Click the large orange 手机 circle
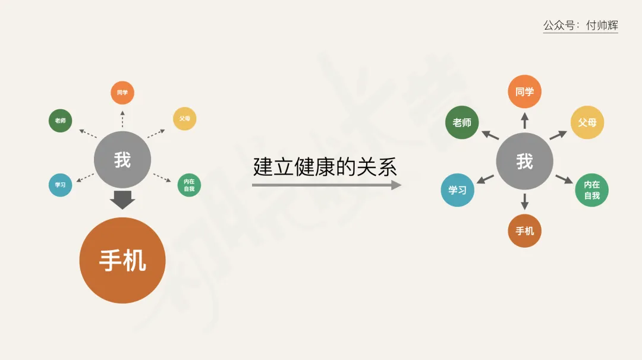(122, 260)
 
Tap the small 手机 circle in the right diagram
(524, 230)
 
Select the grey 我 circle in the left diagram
(122, 159)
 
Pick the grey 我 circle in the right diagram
(524, 161)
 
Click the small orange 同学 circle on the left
(122, 93)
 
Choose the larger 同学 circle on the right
(524, 91)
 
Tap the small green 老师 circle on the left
(60, 121)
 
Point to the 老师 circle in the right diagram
(462, 122)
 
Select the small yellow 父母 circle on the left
(184, 118)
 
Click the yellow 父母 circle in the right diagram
(587, 122)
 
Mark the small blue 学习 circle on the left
(60, 185)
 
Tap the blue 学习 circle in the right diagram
(457, 190)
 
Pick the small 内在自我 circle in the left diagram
(189, 185)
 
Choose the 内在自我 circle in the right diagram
(591, 190)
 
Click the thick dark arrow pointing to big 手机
(122, 200)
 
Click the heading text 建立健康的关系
(325, 166)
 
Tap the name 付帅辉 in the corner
(602, 26)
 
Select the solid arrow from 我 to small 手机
(524, 201)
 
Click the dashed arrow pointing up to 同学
(122, 118)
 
